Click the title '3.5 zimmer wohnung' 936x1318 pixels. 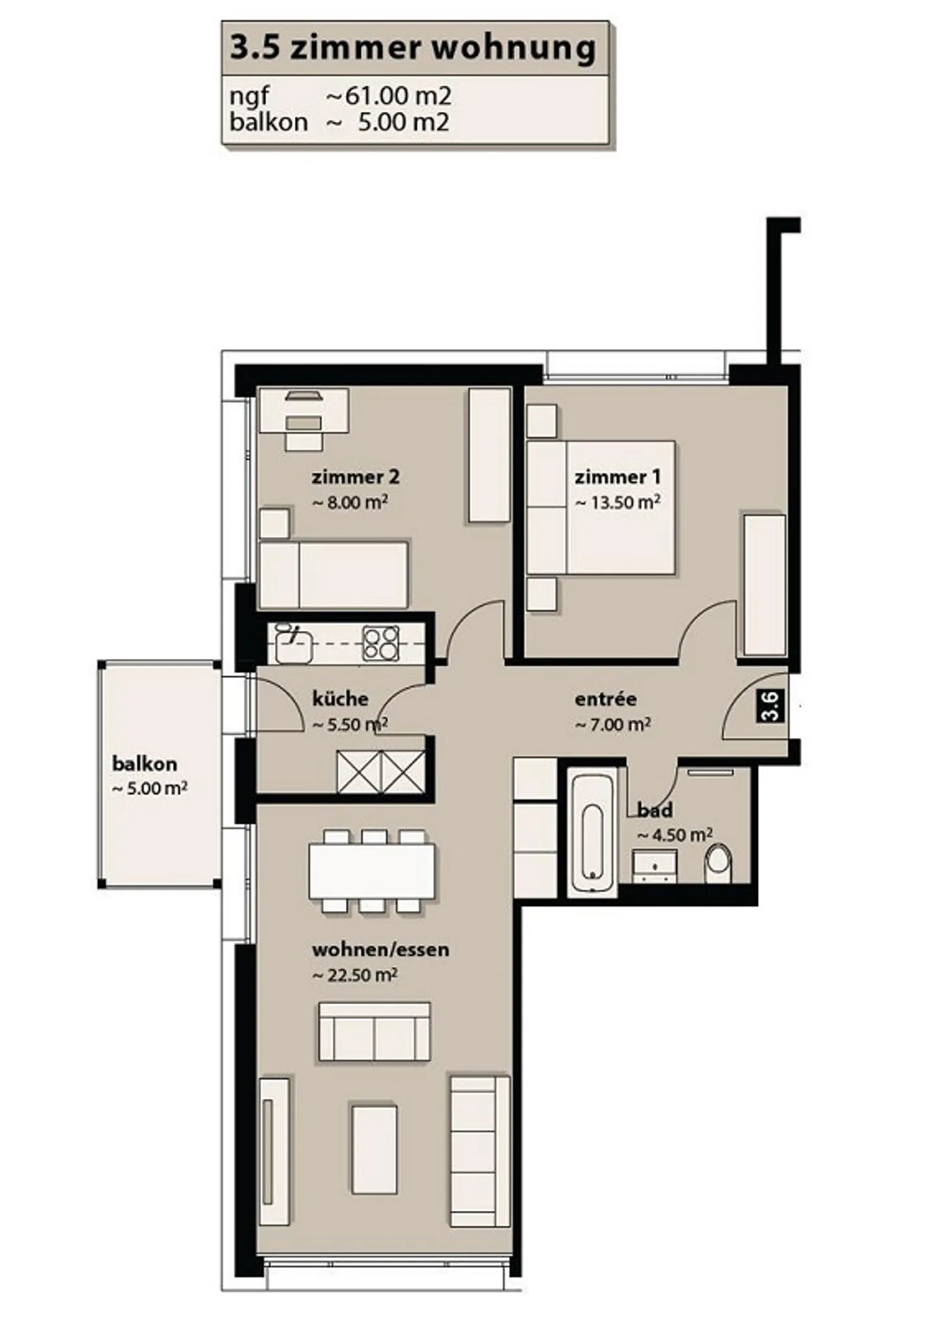point(413,48)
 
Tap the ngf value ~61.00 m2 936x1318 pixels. point(388,96)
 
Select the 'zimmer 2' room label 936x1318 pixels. point(356,477)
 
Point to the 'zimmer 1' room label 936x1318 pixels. point(617,477)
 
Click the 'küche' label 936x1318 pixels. point(340,699)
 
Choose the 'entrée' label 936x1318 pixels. point(606,699)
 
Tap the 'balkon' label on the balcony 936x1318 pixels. point(144,764)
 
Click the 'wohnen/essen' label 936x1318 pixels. point(380,950)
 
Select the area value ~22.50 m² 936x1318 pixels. point(355,975)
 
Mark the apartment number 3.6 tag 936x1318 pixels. point(770,706)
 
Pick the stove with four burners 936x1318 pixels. point(381,643)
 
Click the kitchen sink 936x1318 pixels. point(293,643)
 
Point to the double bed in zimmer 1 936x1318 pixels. point(601,508)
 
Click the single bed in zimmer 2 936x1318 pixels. point(333,575)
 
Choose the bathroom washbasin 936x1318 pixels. point(655,866)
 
